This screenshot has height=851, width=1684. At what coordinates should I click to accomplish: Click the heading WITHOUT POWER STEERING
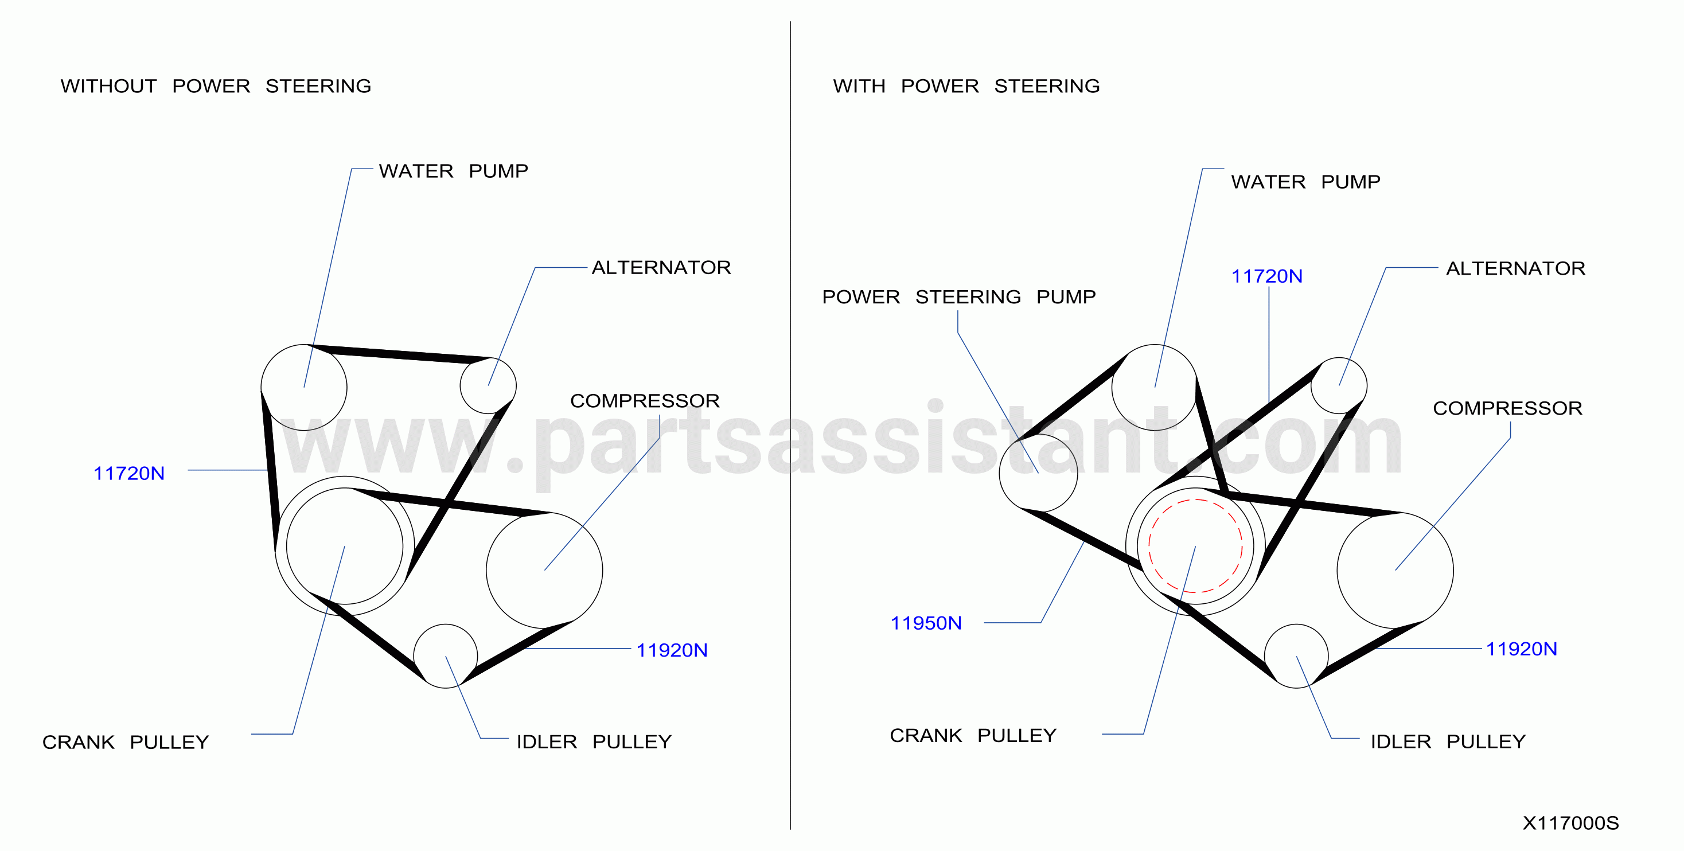pos(216,85)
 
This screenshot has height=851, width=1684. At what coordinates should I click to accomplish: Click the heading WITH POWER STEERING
pos(966,85)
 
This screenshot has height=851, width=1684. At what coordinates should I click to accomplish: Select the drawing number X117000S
pos(1570,823)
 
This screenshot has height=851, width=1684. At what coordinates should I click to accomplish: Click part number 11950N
pos(926,623)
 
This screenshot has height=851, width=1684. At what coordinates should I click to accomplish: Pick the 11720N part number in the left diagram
pos(129,473)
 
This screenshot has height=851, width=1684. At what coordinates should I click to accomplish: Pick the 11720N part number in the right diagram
pos(1266,276)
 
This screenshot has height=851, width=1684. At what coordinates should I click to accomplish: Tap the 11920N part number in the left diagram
pos(672,650)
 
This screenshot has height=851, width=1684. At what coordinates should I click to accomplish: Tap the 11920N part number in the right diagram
pos(1521,649)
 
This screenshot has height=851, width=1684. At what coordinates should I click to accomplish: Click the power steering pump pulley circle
pos(1000,473)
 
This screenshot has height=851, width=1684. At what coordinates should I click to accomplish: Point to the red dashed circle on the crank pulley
pos(1149,546)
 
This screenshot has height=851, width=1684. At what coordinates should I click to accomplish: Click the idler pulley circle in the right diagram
pos(1265,656)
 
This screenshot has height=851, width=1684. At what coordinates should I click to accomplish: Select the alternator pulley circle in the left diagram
pos(460,385)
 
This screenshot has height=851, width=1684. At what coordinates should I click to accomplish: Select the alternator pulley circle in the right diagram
pos(1311,385)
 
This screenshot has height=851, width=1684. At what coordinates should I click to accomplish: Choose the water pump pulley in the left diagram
pos(262,388)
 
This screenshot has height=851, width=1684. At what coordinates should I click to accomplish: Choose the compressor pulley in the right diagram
pos(1338,571)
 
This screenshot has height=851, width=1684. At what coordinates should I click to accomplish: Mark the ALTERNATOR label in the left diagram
pos(661,267)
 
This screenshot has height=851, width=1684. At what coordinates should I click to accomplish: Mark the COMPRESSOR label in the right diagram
pos(1507,408)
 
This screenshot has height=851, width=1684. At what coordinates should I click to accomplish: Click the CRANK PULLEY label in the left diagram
pos(126,743)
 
